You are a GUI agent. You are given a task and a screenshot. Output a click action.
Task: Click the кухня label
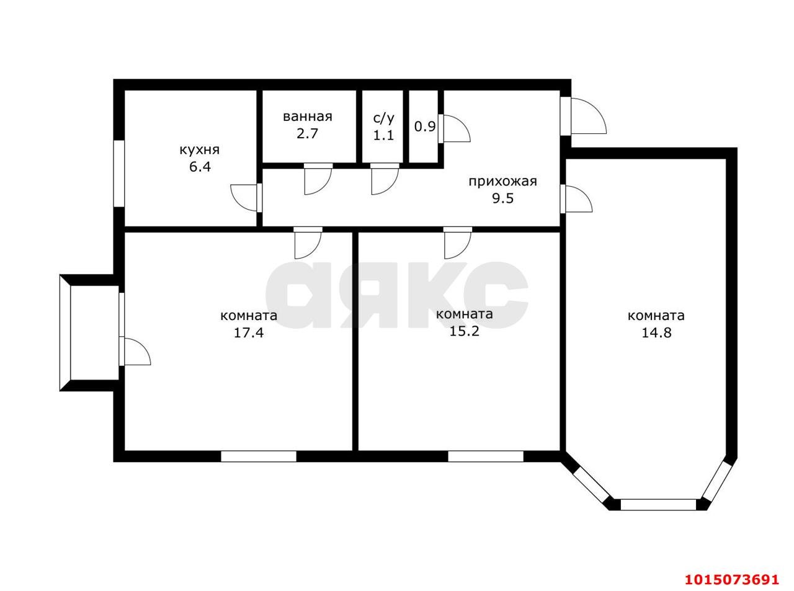pos(199,150)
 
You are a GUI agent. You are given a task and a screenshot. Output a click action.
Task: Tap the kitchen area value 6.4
pos(200,167)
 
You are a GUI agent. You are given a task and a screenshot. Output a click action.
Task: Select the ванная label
pos(307,117)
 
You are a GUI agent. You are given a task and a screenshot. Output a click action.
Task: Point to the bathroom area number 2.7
pos(307,133)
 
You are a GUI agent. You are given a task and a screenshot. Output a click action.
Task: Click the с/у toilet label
pos(383,118)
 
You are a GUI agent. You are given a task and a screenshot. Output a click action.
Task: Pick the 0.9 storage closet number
pos(425,127)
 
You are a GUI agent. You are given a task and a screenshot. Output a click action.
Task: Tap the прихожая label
pos(502,182)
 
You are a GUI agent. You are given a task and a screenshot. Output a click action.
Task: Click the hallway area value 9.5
pos(502,198)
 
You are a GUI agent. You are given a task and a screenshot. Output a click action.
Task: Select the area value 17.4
pos(249,333)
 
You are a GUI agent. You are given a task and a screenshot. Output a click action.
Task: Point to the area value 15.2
pos(464,331)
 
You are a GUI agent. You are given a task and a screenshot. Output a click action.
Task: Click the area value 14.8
pos(656,333)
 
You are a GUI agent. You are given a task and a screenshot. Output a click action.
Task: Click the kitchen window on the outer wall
pos(119,174)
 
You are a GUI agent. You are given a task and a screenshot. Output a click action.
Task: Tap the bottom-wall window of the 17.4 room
pos(259,456)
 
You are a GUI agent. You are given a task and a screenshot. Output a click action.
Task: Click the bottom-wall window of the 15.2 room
pos(486,456)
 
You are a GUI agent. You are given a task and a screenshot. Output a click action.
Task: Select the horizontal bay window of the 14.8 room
pos(658,505)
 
